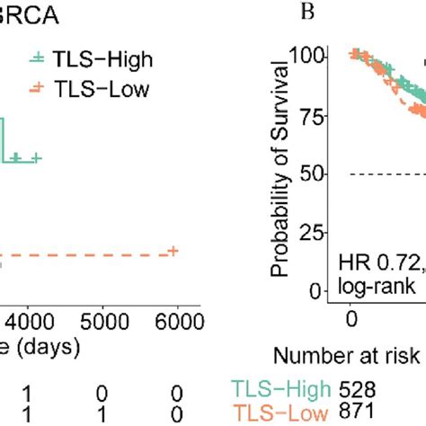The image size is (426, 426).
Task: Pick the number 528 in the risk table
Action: (359, 389)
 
